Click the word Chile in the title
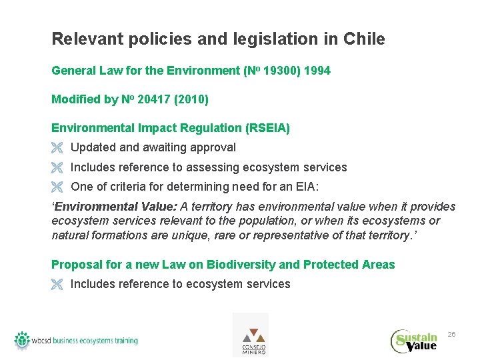click(x=364, y=39)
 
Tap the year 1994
click(x=317, y=71)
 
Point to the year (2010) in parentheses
click(x=193, y=100)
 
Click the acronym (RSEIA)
click(x=267, y=128)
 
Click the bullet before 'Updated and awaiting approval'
click(x=57, y=148)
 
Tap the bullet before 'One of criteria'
click(x=57, y=187)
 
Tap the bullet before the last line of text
click(x=57, y=285)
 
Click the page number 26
click(x=451, y=334)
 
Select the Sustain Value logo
click(x=414, y=340)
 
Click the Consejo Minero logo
click(x=251, y=335)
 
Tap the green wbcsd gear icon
click(x=23, y=340)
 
